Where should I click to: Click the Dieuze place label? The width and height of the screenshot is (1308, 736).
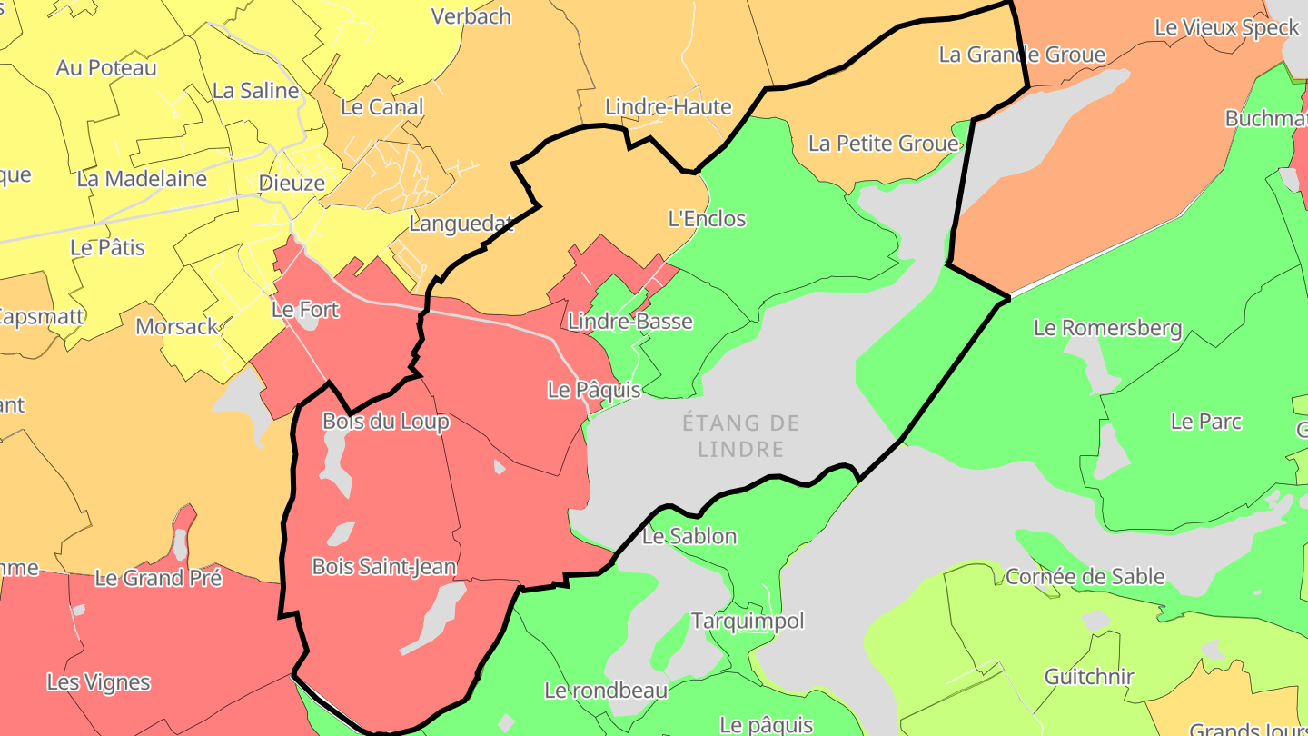coord(292,183)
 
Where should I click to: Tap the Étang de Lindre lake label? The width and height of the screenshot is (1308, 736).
coord(740,435)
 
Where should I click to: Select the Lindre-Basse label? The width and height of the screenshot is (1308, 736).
coord(629,321)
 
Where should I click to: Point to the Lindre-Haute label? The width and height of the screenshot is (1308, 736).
coord(668,107)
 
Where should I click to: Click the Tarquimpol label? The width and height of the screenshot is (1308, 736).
coord(748,622)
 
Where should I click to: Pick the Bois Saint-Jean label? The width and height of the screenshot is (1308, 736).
coord(383,567)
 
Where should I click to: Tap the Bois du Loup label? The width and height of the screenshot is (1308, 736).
coord(385,422)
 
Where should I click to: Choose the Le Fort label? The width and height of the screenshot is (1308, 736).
coord(305,310)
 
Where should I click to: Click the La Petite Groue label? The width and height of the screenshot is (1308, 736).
coord(883,144)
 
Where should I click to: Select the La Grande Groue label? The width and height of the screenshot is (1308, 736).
coord(1022,55)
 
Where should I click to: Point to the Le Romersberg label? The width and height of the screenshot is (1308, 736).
coord(1107,328)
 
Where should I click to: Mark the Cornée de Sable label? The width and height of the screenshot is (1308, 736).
coord(1085,576)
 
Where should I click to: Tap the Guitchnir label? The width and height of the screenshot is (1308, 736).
coord(1089,677)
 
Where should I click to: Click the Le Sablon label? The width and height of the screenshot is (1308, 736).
coord(689,536)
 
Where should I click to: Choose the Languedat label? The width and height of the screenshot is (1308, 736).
coord(461,224)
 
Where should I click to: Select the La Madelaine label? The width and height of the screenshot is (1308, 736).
coord(142,179)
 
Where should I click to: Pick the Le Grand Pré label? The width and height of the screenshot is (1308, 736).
coord(158,578)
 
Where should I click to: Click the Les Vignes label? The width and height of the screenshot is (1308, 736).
coord(98,682)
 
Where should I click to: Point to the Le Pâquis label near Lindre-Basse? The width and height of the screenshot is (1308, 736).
coord(594,390)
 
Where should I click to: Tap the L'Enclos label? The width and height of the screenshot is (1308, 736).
coord(707,219)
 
